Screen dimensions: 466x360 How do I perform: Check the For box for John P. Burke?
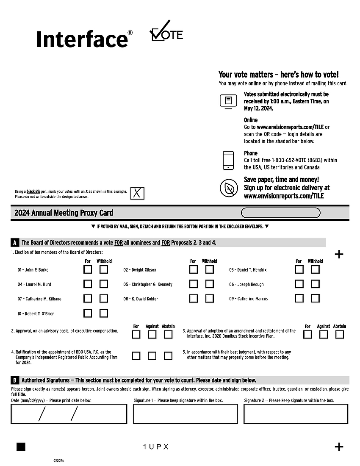coord(88,269)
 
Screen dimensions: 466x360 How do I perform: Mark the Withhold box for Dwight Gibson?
coord(209,269)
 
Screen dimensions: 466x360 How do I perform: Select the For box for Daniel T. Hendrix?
coord(299,269)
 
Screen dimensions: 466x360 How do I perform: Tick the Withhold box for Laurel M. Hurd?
coord(104,284)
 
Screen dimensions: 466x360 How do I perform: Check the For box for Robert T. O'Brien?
coord(88,313)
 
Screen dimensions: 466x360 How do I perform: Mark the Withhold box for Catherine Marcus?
coord(315,298)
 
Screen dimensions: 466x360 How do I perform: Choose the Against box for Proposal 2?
coord(152,335)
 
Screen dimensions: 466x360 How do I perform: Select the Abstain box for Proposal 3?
coord(340,335)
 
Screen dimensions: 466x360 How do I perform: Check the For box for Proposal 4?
coord(136,356)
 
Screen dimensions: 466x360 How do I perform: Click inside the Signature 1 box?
coord(185,414)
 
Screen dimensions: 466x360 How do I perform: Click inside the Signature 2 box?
coord(296,414)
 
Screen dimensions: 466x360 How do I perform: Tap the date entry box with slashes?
coord(69,414)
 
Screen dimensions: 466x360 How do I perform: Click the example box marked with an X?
coord(137,193)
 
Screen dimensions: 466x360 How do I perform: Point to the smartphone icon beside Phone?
coord(228,160)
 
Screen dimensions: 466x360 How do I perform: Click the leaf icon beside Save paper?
coord(228,187)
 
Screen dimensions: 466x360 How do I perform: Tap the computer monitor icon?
coord(228,101)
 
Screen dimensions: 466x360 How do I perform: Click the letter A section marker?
coord(14,243)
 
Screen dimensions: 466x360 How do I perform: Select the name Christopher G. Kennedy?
coord(152,284)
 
